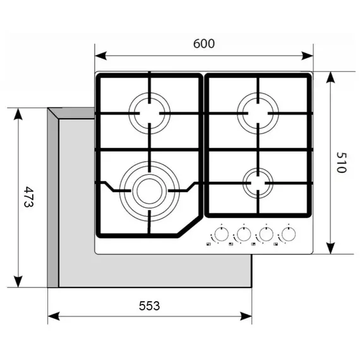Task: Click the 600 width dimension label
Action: (x=204, y=44)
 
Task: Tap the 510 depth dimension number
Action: (x=341, y=162)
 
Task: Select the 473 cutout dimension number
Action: (x=29, y=197)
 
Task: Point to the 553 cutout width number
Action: (x=149, y=306)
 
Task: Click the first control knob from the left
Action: (x=221, y=234)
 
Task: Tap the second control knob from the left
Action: (x=244, y=234)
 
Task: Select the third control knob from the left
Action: (x=266, y=234)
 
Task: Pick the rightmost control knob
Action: (x=288, y=234)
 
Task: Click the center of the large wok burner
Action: (x=150, y=191)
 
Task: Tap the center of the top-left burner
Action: (x=150, y=113)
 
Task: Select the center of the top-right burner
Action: (x=258, y=113)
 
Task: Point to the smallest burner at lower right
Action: (x=258, y=183)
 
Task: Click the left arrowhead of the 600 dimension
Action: (x=100, y=56)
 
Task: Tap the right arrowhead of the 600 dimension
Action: (x=307, y=56)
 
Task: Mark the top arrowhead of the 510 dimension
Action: (x=330, y=78)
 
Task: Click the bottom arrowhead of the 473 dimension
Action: (x=18, y=282)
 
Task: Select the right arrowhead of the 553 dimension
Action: (x=246, y=316)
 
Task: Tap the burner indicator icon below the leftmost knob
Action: (x=208, y=244)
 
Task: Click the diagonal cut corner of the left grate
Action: (x=189, y=226)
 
